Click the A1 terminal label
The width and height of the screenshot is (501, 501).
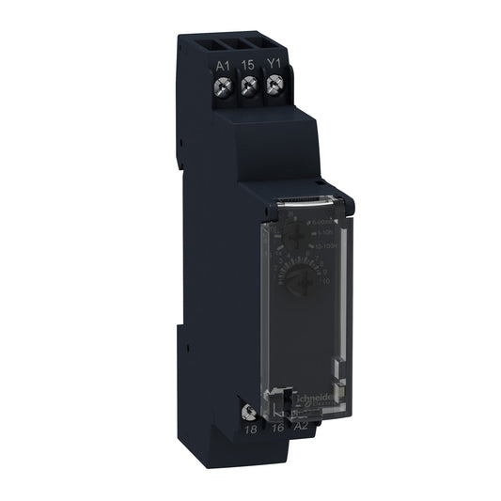pos(222,65)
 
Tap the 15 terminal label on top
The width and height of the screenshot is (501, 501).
pos(249,65)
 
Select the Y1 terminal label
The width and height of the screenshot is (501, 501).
pos(274,65)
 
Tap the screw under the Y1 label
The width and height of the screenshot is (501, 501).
pos(274,87)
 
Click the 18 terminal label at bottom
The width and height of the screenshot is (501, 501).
pos(250,429)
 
